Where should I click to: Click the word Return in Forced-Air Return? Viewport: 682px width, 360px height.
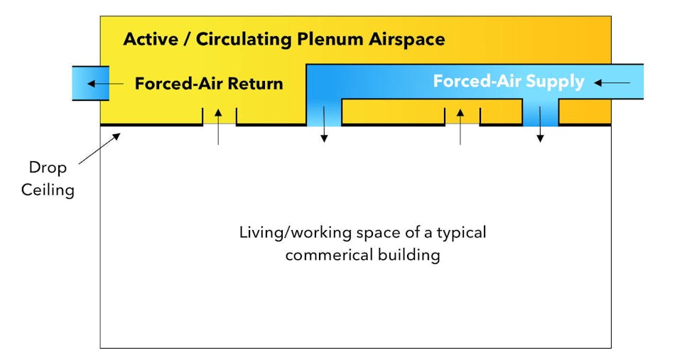[253, 84]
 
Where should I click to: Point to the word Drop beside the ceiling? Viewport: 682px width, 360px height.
[48, 168]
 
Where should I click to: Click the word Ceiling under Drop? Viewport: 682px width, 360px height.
[48, 190]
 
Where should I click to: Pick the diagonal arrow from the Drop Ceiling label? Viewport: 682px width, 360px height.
[99, 148]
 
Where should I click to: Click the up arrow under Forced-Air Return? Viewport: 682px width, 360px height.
[219, 126]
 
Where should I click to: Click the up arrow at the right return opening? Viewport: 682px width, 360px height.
[460, 126]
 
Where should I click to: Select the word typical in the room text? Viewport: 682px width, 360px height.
[462, 232]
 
